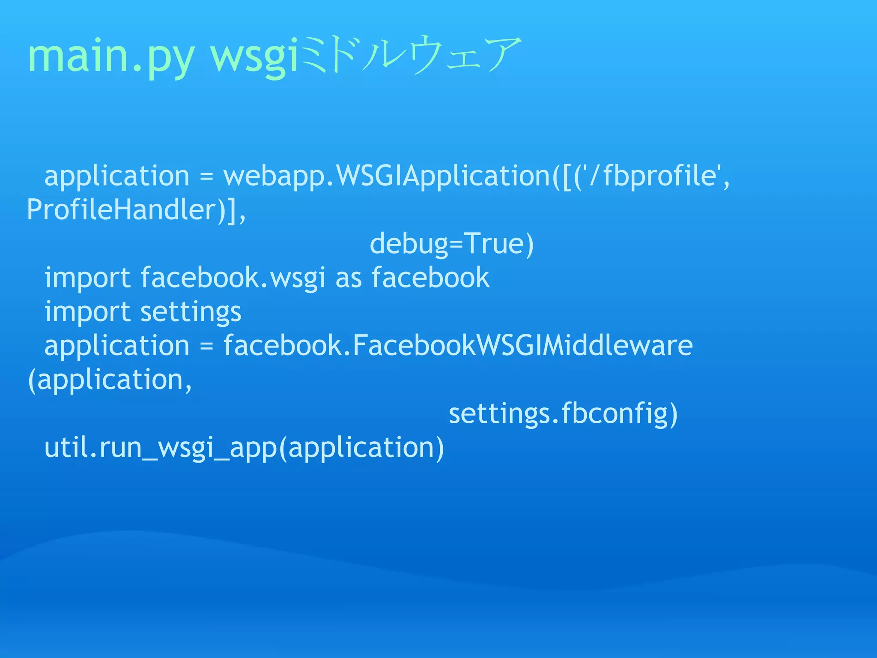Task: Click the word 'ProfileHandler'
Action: [x=122, y=210]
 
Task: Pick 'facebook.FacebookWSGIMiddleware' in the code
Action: [x=458, y=346]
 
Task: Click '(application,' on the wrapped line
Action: [x=110, y=380]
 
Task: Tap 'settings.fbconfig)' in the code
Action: [x=563, y=414]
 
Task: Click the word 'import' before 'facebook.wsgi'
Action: [x=87, y=278]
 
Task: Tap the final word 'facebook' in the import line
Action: [x=430, y=278]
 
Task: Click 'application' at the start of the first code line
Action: [x=116, y=176]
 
